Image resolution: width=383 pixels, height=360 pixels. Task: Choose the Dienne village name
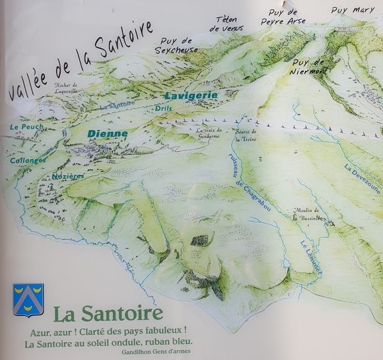[106, 133]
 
